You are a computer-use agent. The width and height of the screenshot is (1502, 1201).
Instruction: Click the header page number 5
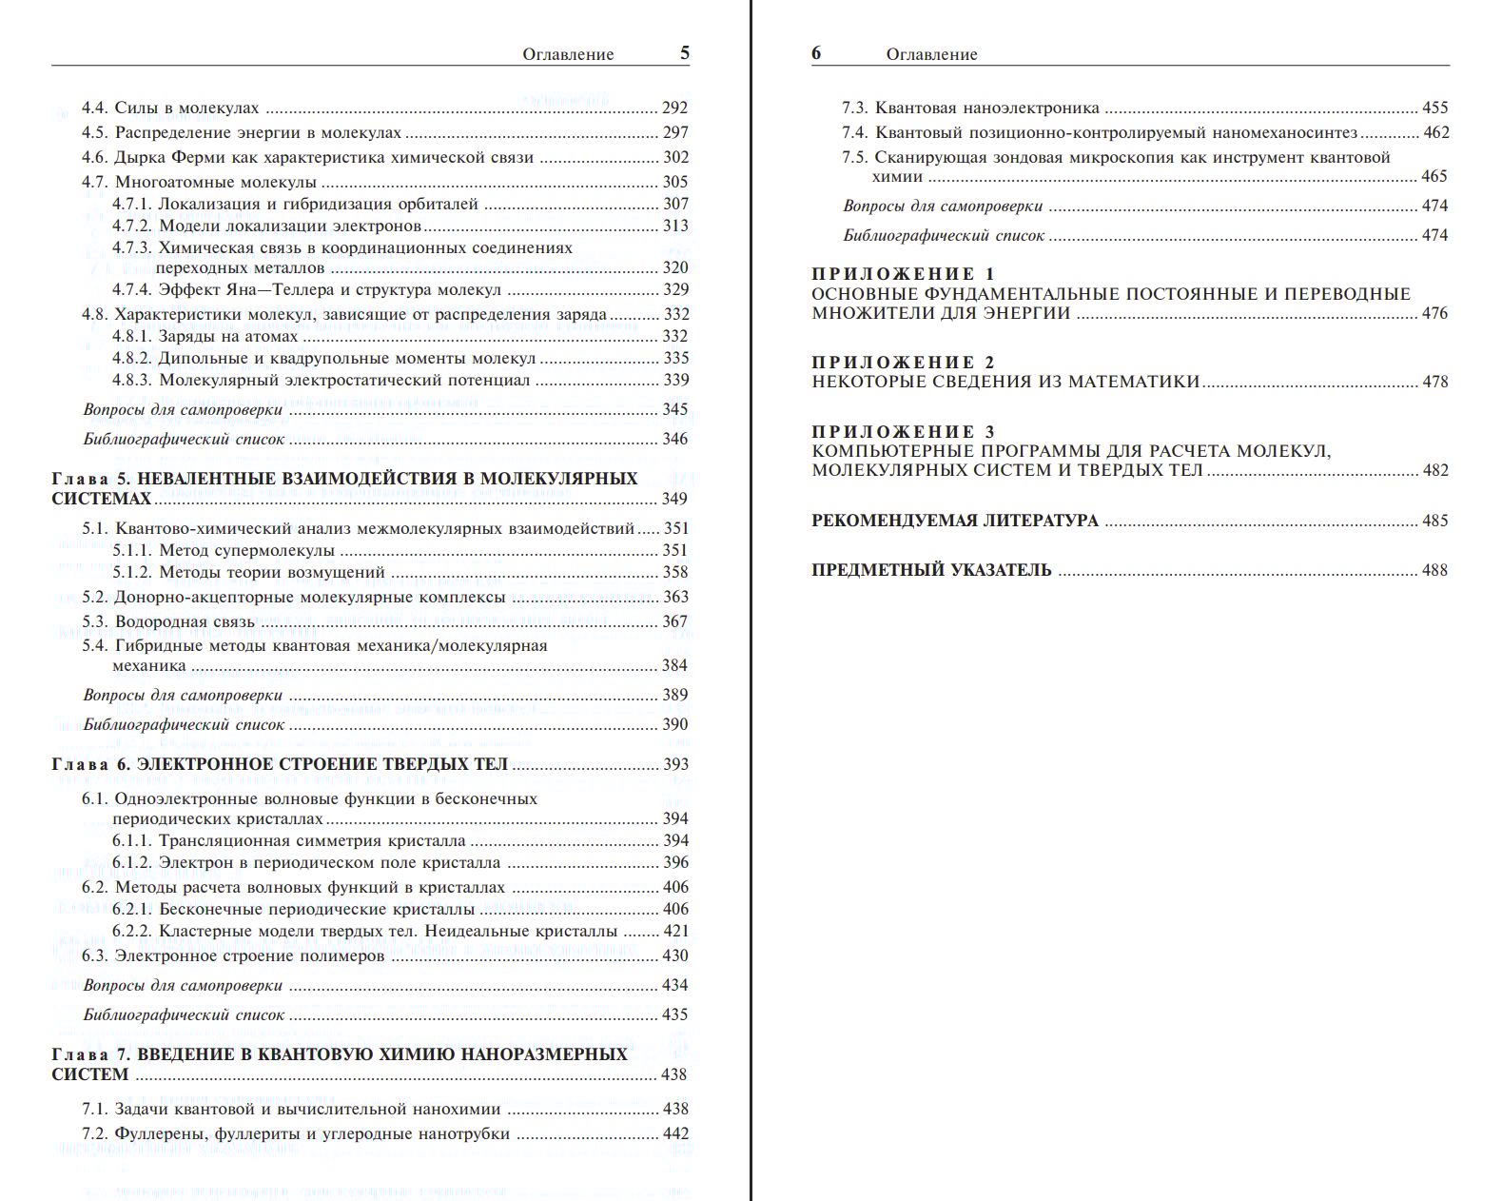(685, 53)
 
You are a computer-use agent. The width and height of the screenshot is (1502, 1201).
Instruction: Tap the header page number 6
(816, 53)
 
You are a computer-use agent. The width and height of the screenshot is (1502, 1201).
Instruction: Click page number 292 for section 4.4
(674, 108)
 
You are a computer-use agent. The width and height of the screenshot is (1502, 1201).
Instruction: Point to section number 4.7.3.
(132, 247)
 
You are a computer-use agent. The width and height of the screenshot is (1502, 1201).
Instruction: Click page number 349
(674, 499)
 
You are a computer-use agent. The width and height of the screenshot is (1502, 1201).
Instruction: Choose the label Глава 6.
(90, 763)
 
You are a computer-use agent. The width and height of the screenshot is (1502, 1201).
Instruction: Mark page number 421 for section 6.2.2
(675, 931)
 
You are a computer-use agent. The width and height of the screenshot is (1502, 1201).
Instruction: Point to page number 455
(1434, 108)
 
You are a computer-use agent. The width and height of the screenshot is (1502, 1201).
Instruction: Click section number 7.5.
(855, 157)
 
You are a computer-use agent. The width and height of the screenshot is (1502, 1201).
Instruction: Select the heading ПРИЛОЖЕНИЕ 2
(903, 363)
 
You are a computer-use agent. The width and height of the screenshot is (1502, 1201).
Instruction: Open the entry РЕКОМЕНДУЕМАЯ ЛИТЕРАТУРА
(954, 521)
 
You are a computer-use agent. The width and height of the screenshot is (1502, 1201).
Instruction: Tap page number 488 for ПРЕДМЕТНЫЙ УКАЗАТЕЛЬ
(1434, 570)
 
